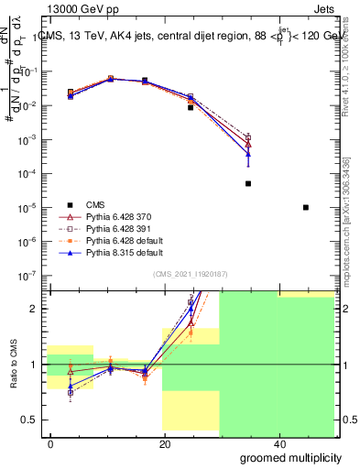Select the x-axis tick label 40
[x=277, y=442]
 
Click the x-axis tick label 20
[x=164, y=442]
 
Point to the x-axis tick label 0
[x=51, y=442]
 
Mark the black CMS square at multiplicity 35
[x=248, y=183]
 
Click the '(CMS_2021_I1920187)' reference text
[x=191, y=273]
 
